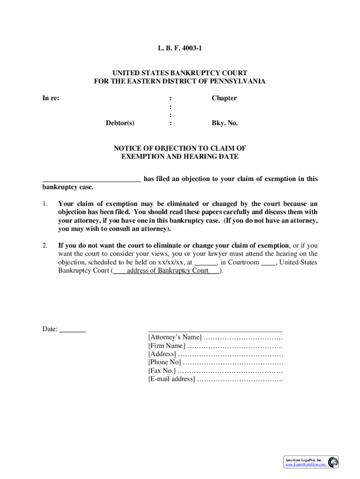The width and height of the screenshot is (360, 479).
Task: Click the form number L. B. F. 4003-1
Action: (180, 48)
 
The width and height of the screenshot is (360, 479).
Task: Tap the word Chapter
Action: (224, 98)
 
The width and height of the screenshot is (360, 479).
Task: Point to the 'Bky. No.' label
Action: (225, 123)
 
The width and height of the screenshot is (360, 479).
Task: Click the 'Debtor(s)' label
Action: (120, 123)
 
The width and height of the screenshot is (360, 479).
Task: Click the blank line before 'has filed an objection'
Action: (92, 179)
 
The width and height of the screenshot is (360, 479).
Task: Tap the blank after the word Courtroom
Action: (268, 262)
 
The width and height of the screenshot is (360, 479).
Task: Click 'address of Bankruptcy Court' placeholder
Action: (167, 271)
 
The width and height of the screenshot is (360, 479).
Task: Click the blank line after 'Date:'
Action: (73, 329)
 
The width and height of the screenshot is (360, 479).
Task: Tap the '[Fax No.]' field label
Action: (162, 370)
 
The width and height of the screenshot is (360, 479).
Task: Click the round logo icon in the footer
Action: (333, 462)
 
